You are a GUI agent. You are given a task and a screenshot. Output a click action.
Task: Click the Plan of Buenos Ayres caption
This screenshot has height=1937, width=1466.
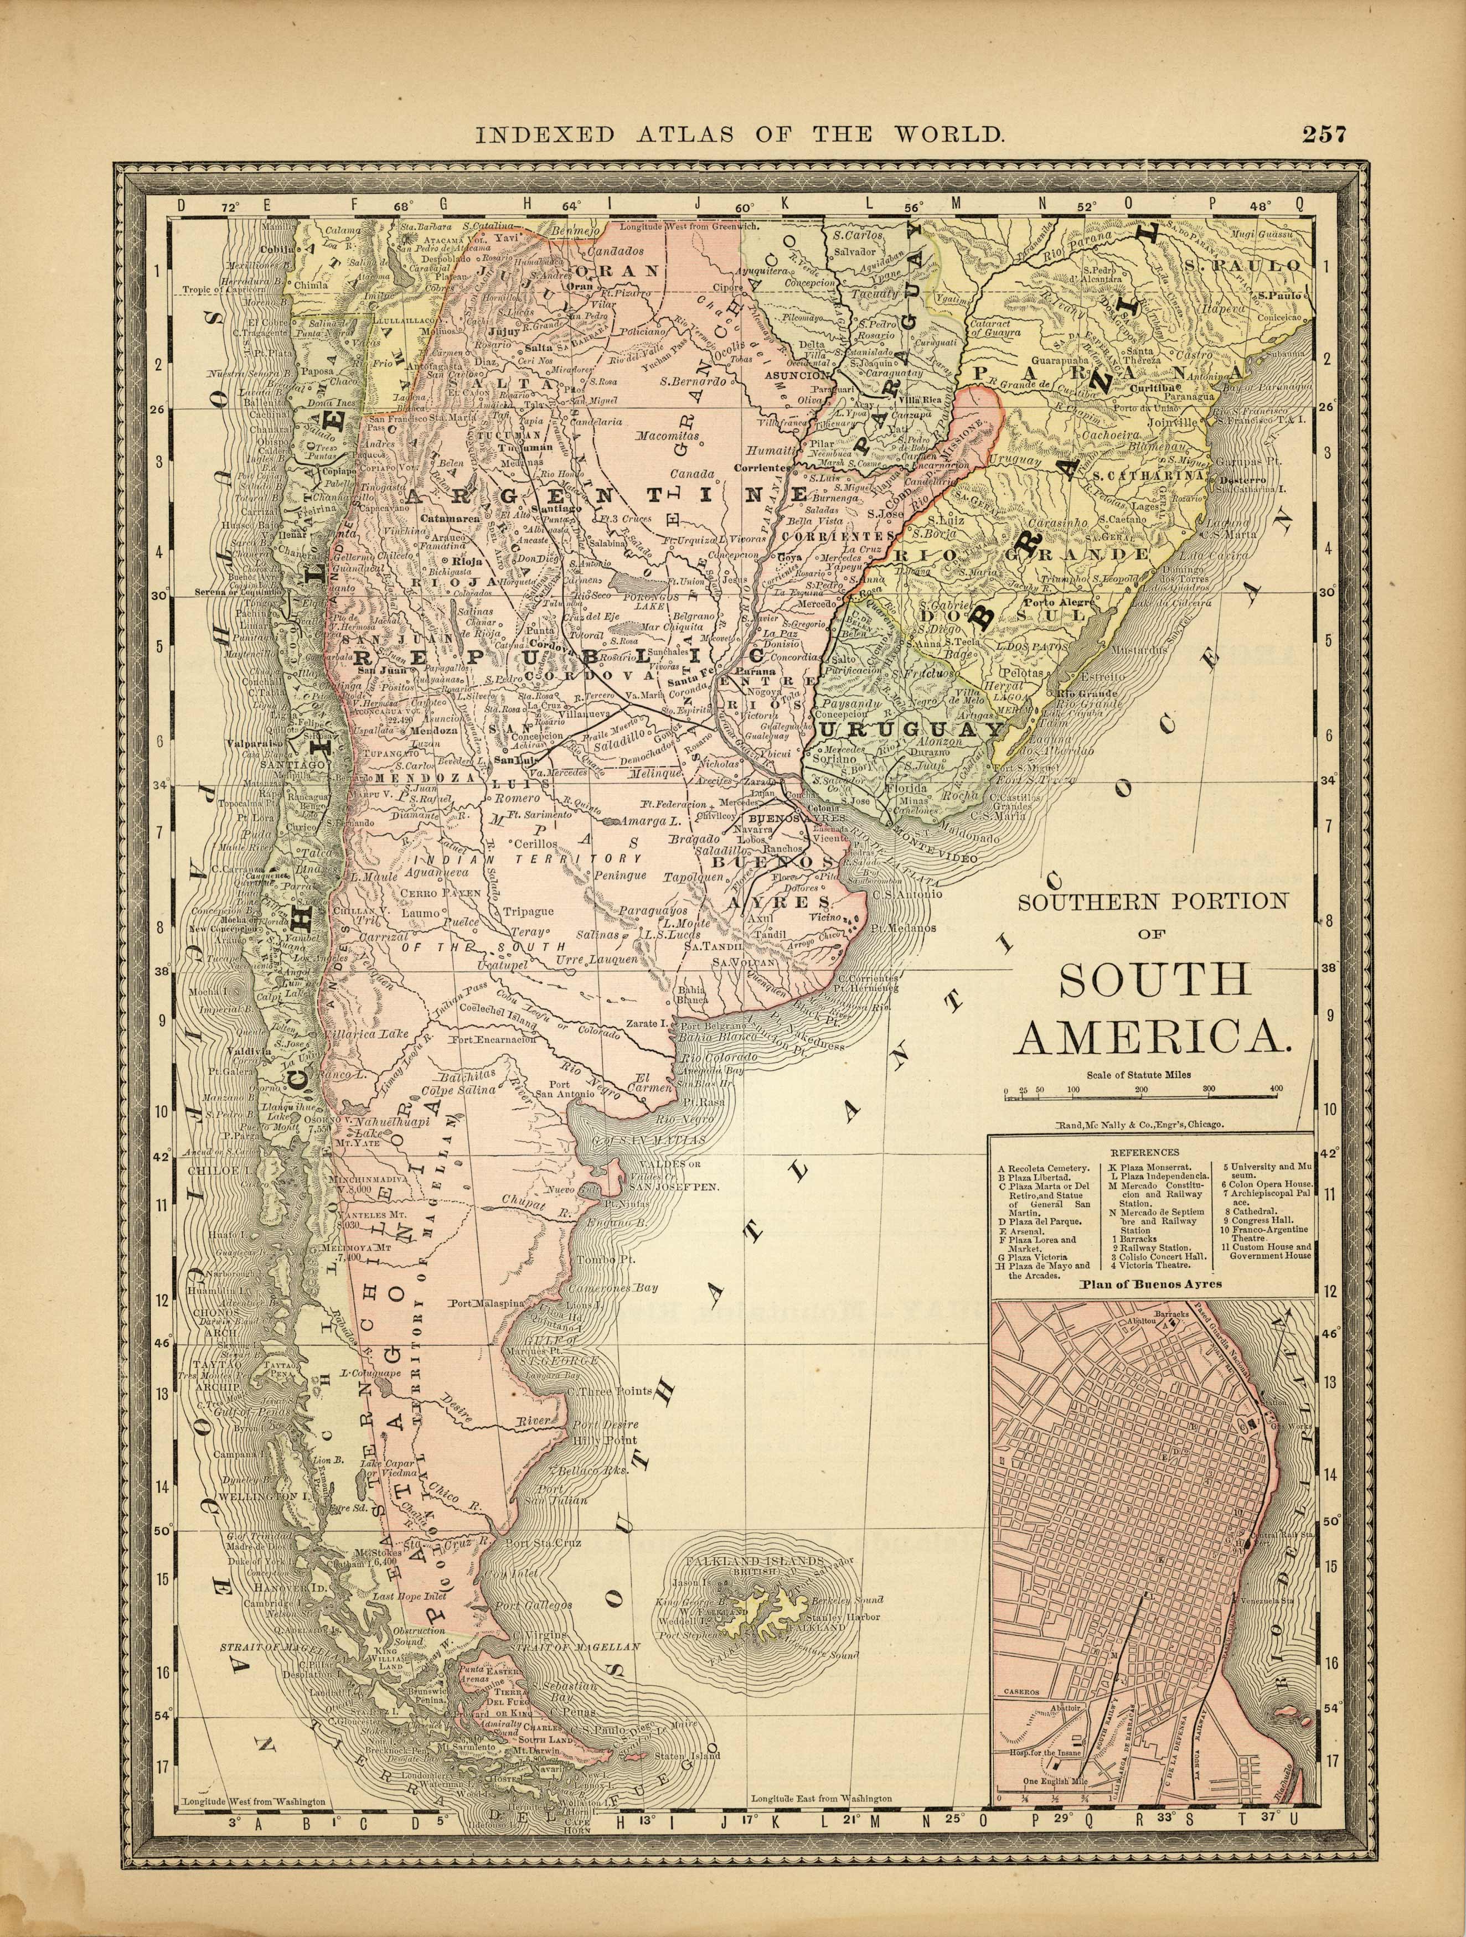(1151, 1285)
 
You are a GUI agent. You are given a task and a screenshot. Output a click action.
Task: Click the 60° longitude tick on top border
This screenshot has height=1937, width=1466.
(745, 206)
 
